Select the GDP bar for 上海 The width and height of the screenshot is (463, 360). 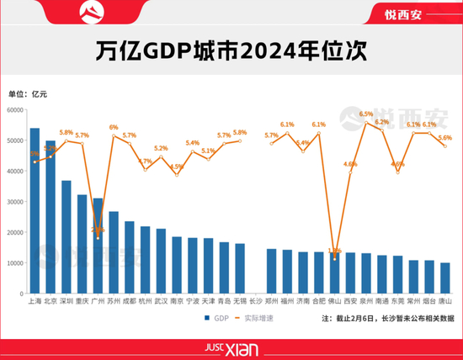pos(35,210)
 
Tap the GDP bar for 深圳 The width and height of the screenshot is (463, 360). pos(67,237)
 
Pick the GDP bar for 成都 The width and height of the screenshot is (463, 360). pos(130,257)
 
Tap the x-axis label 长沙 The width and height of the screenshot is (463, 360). pos(256,300)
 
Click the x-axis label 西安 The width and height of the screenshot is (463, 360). pos(351,300)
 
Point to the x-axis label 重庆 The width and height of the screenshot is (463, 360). pos(82,300)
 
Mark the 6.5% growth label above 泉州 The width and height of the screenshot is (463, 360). pos(366,114)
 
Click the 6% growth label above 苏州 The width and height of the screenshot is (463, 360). pos(114,127)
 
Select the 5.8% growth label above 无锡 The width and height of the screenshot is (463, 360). pos(240,132)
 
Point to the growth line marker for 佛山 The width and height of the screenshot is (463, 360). pos(335,258)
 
